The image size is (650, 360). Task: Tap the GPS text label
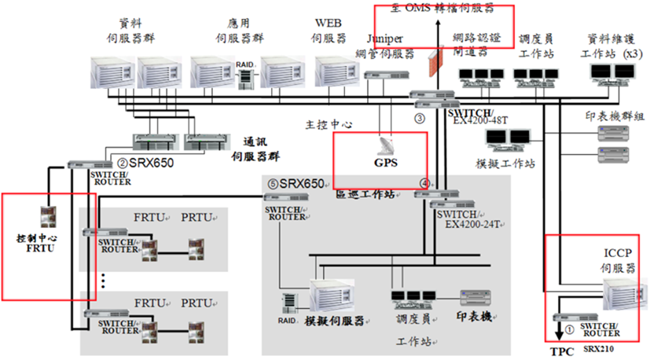point(386,163)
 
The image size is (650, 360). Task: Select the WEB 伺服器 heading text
point(329,30)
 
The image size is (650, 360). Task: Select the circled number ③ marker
point(420,119)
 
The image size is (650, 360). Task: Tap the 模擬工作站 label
point(505,163)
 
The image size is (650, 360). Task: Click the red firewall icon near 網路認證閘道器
point(431,62)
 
